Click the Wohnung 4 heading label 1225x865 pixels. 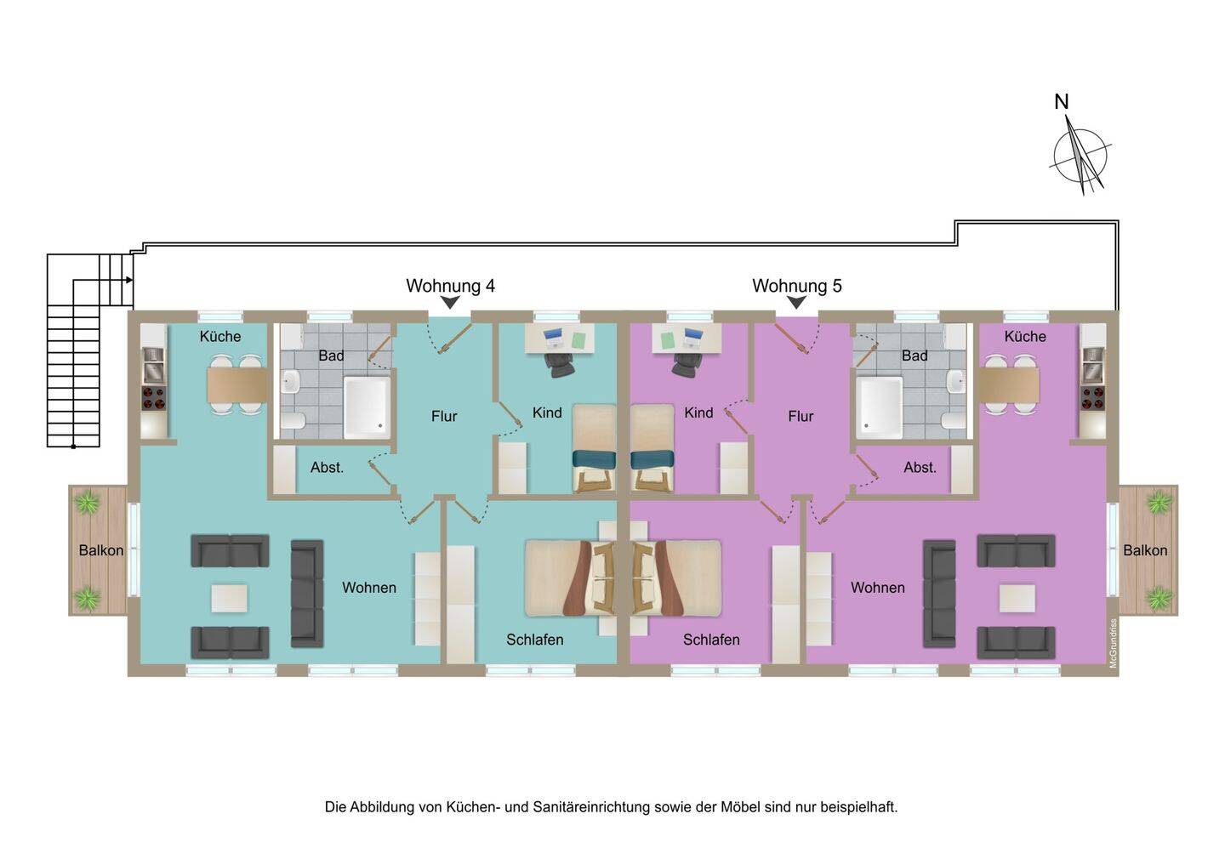(450, 286)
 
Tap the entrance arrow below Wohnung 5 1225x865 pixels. (796, 303)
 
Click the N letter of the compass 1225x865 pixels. (1061, 102)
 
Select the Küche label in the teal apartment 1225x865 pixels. (219, 336)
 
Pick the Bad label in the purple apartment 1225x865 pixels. (914, 356)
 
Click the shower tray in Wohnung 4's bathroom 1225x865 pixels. (367, 407)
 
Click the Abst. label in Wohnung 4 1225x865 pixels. (327, 468)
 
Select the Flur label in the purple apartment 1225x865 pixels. (801, 416)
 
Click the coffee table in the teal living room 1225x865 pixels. (229, 598)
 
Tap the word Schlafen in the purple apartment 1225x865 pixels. (711, 640)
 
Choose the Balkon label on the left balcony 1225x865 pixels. (101, 550)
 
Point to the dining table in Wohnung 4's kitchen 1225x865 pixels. (236, 384)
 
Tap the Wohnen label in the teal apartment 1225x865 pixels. (369, 587)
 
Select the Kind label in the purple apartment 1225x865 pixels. (698, 413)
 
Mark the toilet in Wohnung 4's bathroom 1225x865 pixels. (293, 421)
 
